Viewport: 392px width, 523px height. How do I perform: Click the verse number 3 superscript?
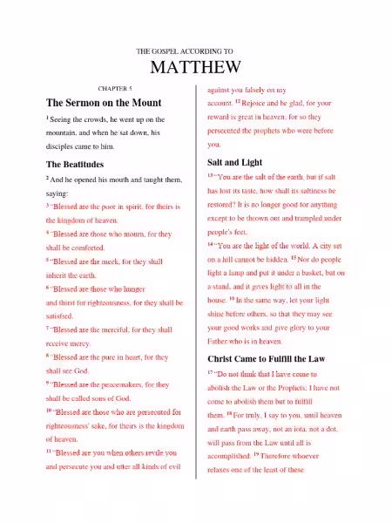coord(48,206)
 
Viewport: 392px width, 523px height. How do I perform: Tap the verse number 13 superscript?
coord(211,174)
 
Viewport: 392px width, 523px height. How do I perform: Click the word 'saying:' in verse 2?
coord(57,193)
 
